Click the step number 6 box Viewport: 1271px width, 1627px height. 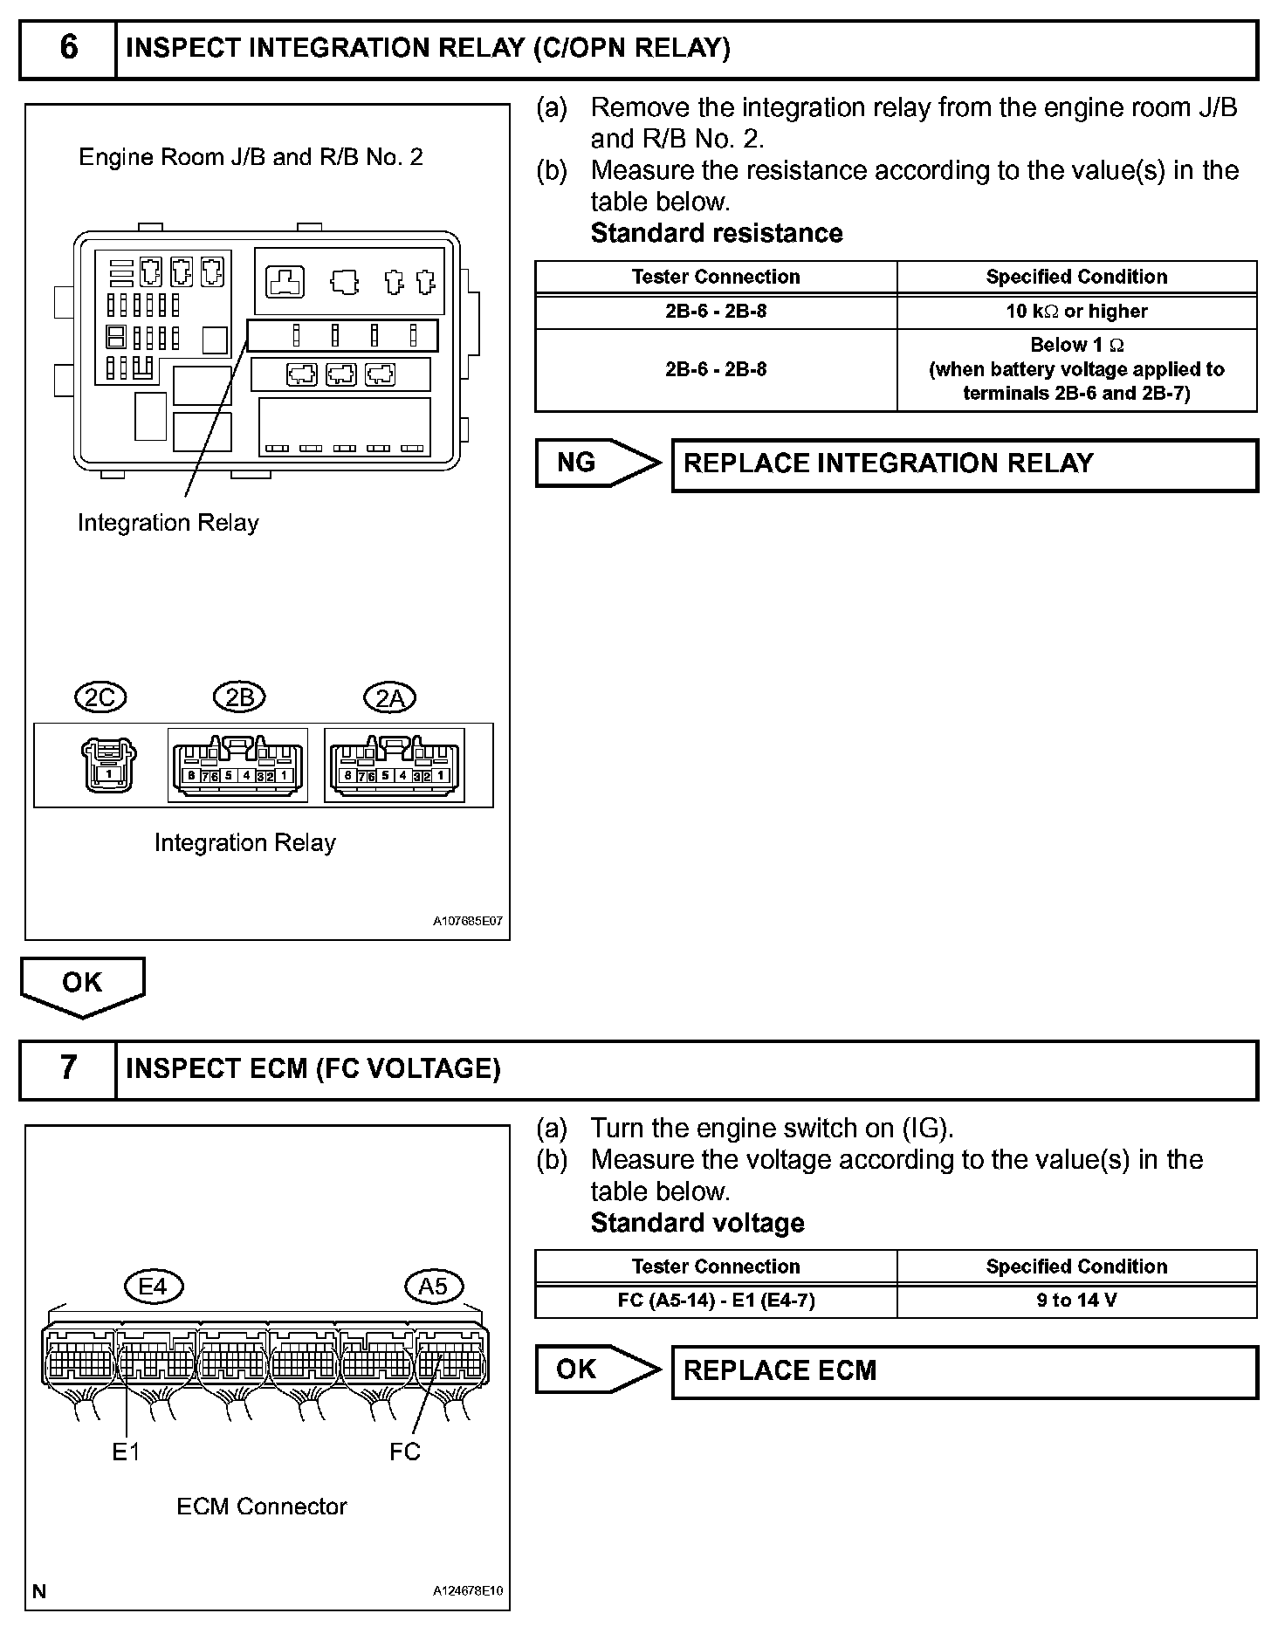[x=68, y=48]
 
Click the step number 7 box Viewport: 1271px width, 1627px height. [x=68, y=1068]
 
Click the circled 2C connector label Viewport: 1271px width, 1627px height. [x=101, y=697]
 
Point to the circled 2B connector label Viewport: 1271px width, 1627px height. [x=239, y=697]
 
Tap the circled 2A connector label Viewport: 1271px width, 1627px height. [x=389, y=697]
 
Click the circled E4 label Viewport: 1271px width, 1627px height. [x=153, y=1286]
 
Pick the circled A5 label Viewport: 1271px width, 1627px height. [x=433, y=1286]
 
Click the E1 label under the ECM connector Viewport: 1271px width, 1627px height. [x=126, y=1451]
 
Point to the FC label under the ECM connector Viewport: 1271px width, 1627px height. [x=405, y=1451]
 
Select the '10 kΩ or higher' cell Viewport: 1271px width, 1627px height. [x=1076, y=312]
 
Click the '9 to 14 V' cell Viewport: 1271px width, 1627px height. [x=1076, y=1301]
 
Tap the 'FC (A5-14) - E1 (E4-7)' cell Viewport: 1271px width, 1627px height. [x=716, y=1301]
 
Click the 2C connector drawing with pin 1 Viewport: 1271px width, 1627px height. [x=108, y=765]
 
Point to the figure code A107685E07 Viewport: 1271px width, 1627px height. [x=468, y=921]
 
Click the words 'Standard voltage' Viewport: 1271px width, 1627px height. [x=697, y=1223]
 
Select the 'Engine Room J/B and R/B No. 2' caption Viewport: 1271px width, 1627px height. [x=251, y=157]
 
